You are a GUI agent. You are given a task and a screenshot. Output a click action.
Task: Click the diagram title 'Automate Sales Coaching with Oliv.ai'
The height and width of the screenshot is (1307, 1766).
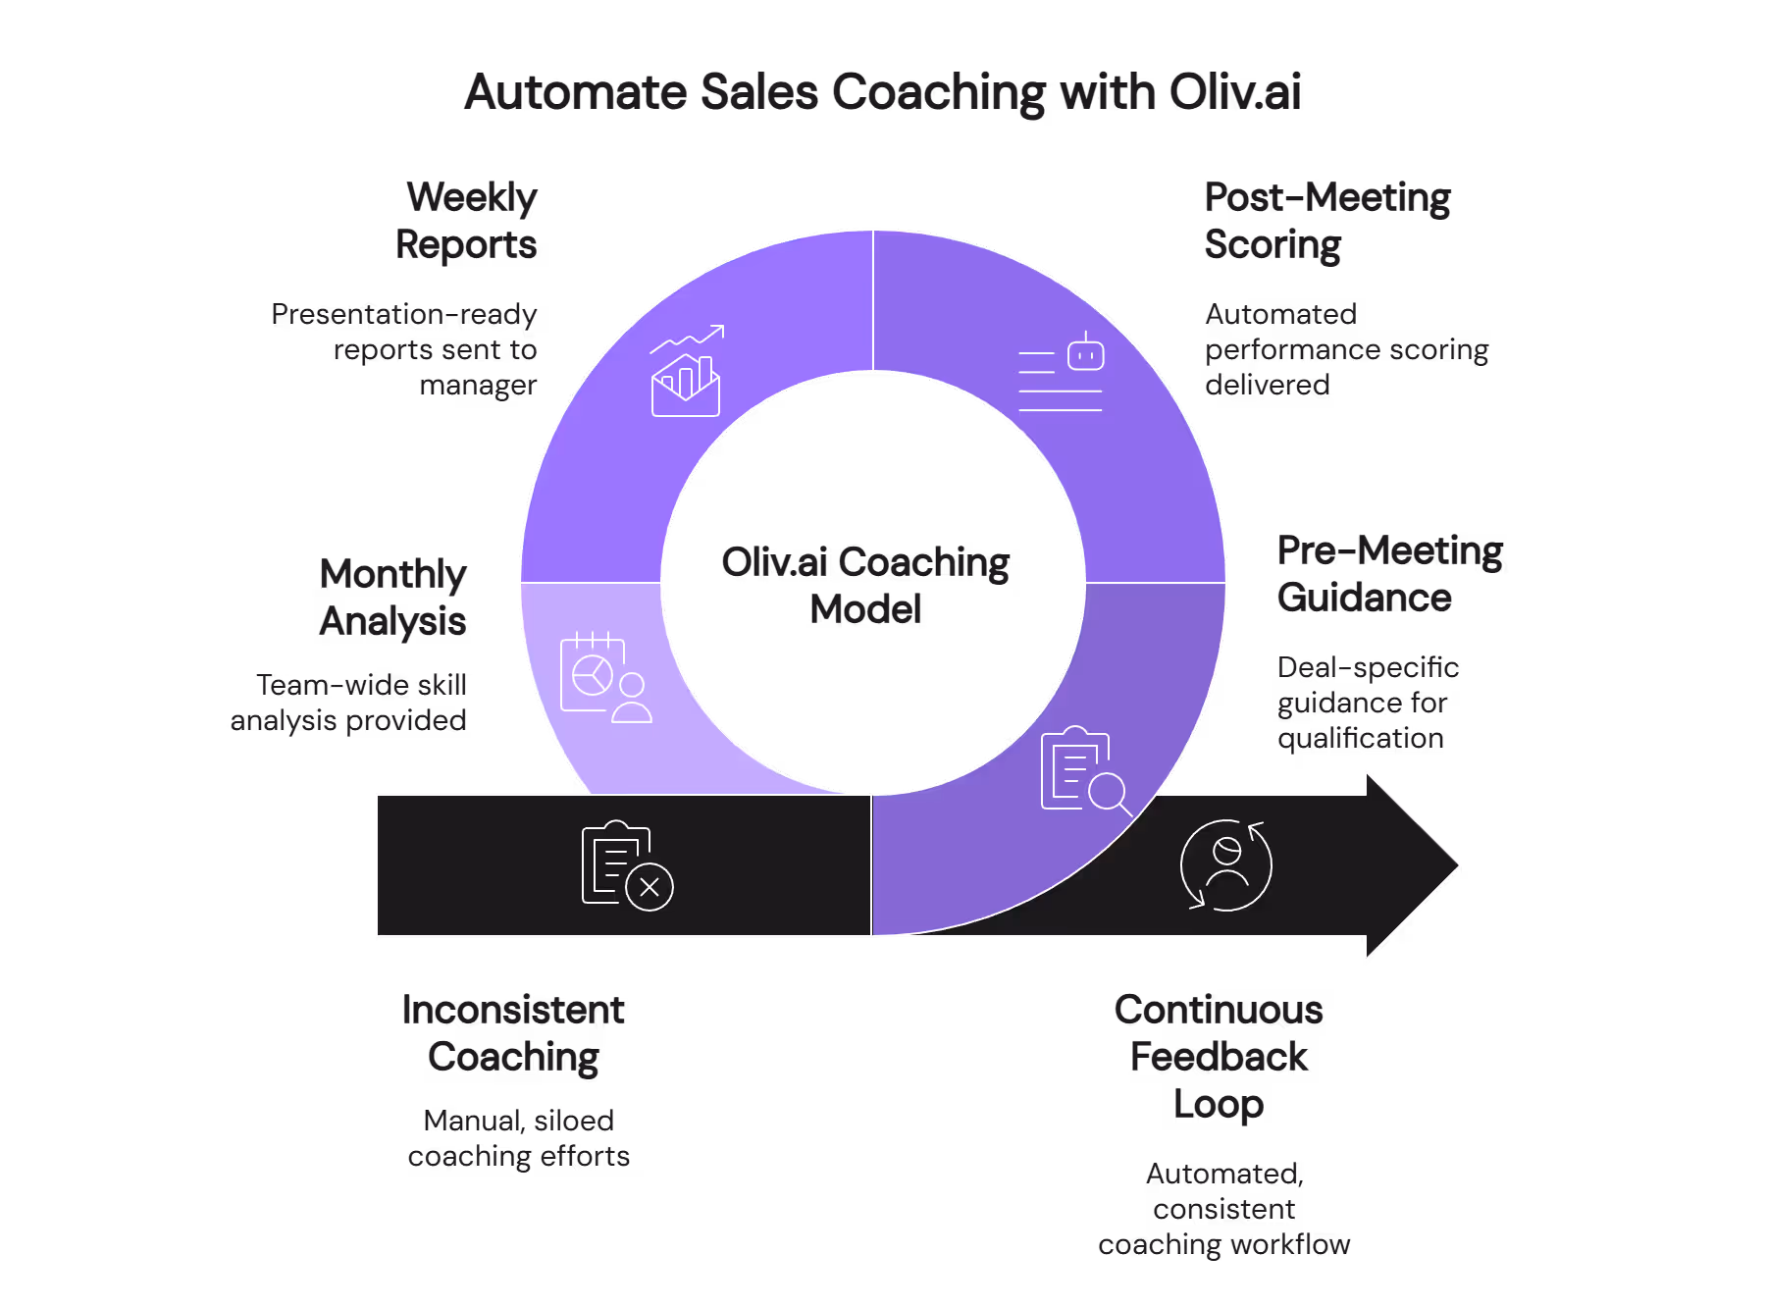(883, 93)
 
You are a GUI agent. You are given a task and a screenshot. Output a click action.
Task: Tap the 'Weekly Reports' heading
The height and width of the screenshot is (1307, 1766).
(467, 221)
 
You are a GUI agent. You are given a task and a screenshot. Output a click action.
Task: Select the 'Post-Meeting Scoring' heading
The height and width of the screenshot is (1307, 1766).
(1326, 221)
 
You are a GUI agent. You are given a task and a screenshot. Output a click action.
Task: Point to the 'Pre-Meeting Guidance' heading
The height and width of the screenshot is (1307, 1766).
(1388, 574)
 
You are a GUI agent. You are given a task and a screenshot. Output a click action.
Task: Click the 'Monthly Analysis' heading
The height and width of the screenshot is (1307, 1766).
(393, 598)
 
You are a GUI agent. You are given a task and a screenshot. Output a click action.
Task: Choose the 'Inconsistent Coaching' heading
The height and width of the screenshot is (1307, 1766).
(513, 1033)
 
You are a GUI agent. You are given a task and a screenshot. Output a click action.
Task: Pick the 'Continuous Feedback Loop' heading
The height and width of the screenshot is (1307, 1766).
(1219, 1057)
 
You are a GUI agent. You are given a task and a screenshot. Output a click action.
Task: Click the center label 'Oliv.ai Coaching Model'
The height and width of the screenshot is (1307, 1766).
(865, 586)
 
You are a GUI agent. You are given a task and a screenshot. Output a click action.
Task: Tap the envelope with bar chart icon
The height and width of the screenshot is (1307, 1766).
(686, 373)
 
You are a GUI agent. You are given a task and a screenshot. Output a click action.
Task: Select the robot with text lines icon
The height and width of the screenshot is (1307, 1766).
(1062, 373)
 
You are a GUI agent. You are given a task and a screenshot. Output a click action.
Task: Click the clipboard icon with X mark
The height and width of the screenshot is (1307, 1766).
(627, 865)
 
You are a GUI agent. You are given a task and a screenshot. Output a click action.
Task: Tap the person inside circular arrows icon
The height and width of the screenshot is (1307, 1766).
(1226, 865)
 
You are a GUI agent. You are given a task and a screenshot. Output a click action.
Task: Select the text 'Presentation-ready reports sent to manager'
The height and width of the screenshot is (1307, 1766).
(404, 349)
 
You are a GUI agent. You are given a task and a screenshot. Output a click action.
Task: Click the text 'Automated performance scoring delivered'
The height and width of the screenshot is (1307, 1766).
(1346, 349)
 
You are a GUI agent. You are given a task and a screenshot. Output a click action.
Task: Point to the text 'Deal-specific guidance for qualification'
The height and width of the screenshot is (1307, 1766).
(1368, 703)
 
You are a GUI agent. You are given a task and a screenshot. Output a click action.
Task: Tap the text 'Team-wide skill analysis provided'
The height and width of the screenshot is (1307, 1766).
(349, 703)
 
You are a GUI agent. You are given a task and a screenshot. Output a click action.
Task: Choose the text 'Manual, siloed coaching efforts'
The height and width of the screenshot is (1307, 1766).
(518, 1138)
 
